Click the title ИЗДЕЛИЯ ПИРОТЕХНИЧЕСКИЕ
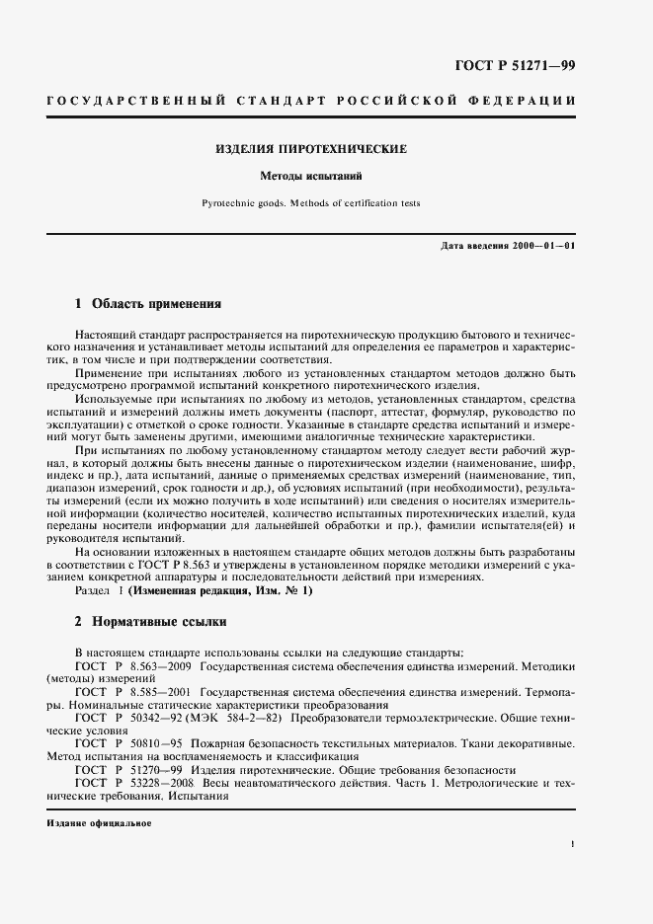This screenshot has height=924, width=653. pos(311,150)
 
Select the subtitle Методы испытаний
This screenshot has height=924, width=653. pos(312,178)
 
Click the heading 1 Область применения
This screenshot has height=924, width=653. pos(148,304)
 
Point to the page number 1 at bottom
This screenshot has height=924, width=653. pos(572,844)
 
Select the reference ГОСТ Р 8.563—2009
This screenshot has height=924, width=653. pos(133,668)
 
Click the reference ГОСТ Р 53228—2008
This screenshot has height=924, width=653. pos(133,782)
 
